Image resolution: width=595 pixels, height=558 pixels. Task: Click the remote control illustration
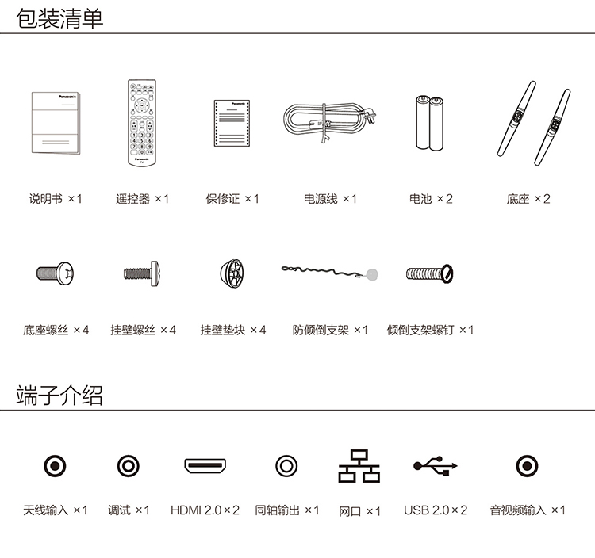(142, 122)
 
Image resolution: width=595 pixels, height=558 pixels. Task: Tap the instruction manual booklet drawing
(56, 123)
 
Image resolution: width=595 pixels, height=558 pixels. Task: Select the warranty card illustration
(232, 123)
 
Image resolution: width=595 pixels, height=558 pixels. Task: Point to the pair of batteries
(429, 122)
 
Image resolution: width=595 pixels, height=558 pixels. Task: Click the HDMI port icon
(205, 465)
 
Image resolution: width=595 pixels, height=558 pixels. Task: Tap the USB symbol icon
(436, 465)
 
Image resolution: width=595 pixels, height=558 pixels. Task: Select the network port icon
(359, 466)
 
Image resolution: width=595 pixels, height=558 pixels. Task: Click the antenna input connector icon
(55, 466)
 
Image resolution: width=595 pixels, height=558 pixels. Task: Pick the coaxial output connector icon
(286, 466)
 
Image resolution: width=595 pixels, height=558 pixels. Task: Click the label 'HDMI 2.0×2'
(205, 510)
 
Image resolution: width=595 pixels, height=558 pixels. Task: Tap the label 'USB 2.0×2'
(436, 510)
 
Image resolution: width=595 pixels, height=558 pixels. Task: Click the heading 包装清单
(59, 18)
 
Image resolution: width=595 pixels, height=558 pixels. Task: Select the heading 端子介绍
(59, 396)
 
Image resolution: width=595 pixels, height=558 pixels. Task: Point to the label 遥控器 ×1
(142, 199)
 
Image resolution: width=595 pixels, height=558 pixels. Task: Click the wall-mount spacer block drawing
(232, 273)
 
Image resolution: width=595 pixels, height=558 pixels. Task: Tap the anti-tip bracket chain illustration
(330, 273)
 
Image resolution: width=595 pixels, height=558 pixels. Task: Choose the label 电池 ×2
(431, 199)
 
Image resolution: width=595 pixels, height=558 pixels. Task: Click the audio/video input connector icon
(527, 466)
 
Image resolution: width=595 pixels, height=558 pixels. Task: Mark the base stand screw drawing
(56, 273)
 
